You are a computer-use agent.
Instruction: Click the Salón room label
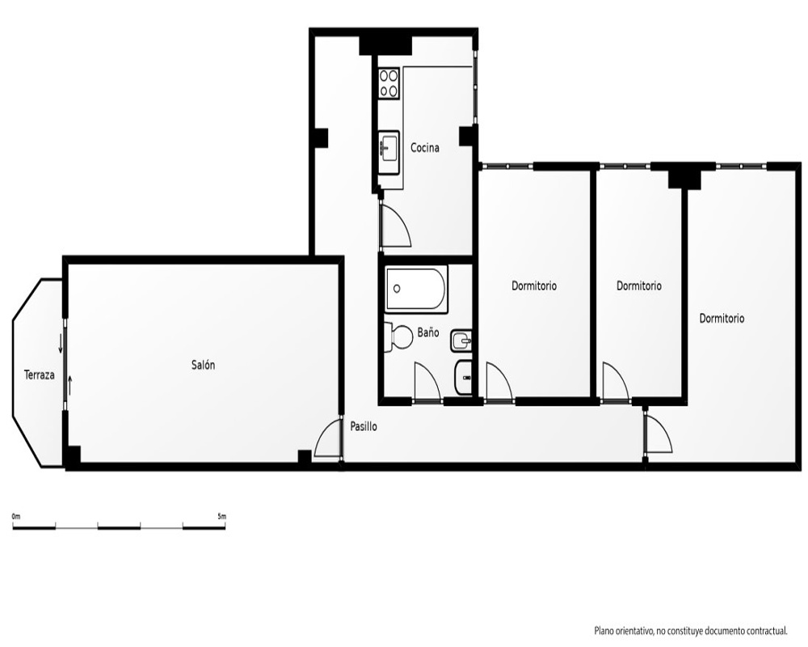tap(203, 366)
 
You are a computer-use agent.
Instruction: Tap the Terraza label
tap(39, 375)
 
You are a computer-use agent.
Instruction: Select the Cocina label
tap(425, 148)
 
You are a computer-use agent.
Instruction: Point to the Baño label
tap(428, 332)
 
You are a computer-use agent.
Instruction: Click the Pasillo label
tap(364, 427)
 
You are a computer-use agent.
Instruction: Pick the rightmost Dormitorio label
tap(722, 319)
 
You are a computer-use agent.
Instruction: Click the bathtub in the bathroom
tap(416, 289)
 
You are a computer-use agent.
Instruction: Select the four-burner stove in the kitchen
tap(389, 83)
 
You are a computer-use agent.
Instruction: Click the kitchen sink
tap(389, 146)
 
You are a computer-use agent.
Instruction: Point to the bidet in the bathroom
tap(461, 341)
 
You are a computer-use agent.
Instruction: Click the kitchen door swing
tap(396, 225)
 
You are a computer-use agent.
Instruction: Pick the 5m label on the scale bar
tap(221, 516)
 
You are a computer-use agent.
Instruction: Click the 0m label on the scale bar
tap(16, 516)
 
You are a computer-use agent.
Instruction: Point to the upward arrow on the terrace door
tap(70, 384)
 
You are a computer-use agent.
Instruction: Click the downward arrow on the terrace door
tap(61, 343)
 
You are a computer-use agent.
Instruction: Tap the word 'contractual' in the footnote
tap(764, 631)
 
